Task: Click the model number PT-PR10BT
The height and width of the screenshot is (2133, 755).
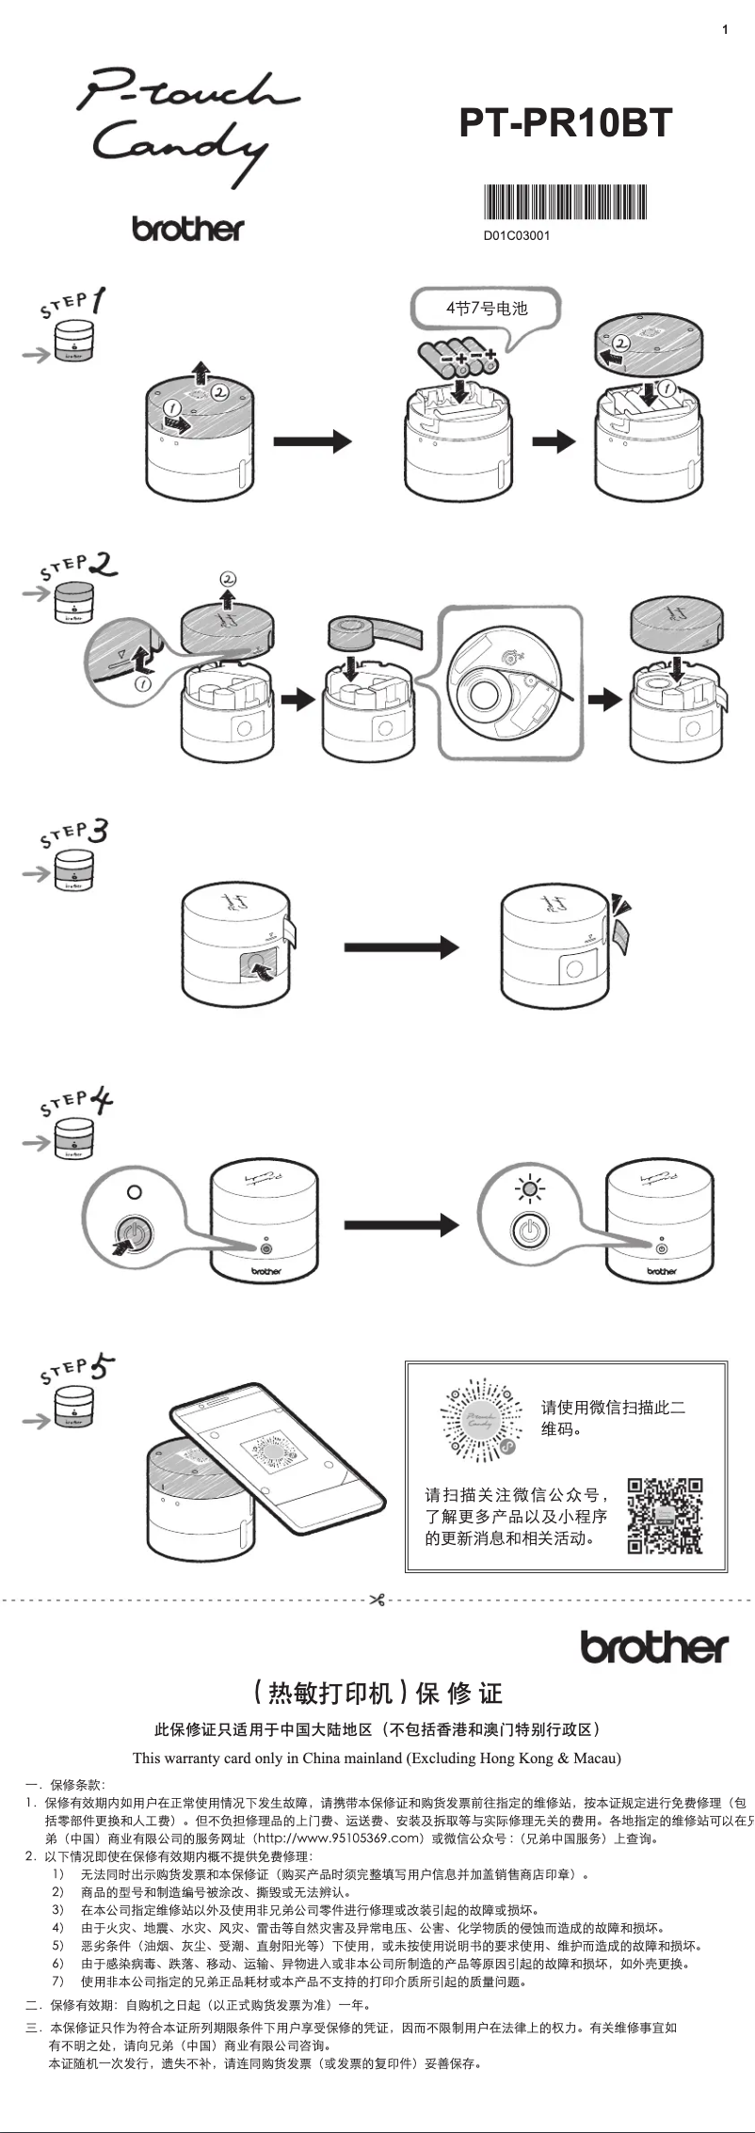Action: pos(566,123)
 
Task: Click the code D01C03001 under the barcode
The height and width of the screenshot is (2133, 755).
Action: pos(517,236)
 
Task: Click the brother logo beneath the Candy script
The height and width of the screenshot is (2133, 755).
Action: pos(187,229)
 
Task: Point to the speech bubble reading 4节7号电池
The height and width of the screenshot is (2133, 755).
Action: pos(486,309)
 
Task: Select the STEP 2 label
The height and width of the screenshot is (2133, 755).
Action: pos(78,566)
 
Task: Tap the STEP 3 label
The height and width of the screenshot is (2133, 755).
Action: pos(74,834)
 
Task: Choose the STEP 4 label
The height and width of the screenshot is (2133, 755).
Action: pos(76,1103)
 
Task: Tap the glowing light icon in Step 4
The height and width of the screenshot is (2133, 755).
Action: pos(530,1189)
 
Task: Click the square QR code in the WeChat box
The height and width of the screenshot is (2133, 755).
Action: pos(665,1515)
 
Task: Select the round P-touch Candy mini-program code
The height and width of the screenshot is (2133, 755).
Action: pos(482,1421)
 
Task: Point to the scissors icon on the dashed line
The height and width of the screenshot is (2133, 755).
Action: pos(377,1600)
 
